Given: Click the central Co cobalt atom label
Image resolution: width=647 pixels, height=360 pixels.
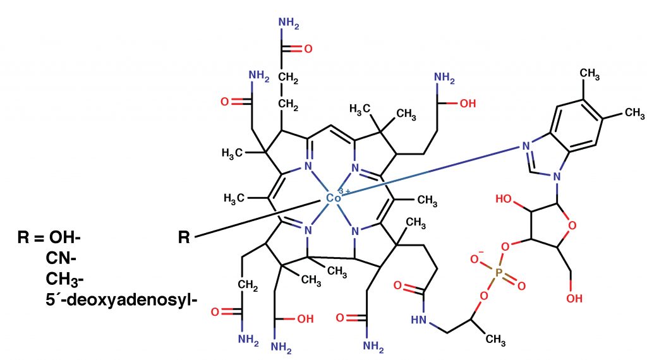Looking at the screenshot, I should [333, 199].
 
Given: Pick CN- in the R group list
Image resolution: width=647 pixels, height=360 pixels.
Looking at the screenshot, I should [61, 258].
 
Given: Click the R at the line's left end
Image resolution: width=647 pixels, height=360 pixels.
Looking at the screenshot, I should [184, 238].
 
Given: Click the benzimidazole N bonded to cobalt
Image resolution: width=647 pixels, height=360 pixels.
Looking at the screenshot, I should [524, 146].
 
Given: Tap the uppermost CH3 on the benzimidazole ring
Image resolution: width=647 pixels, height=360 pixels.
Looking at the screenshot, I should [590, 75].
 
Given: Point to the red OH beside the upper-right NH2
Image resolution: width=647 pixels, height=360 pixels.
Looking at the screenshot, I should [467, 104].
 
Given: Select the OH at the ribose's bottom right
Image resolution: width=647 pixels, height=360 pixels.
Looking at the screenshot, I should [574, 297].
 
